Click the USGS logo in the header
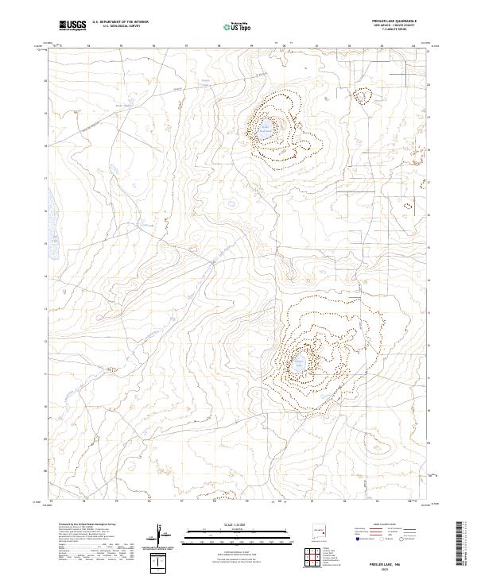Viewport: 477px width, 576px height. click(72, 25)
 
